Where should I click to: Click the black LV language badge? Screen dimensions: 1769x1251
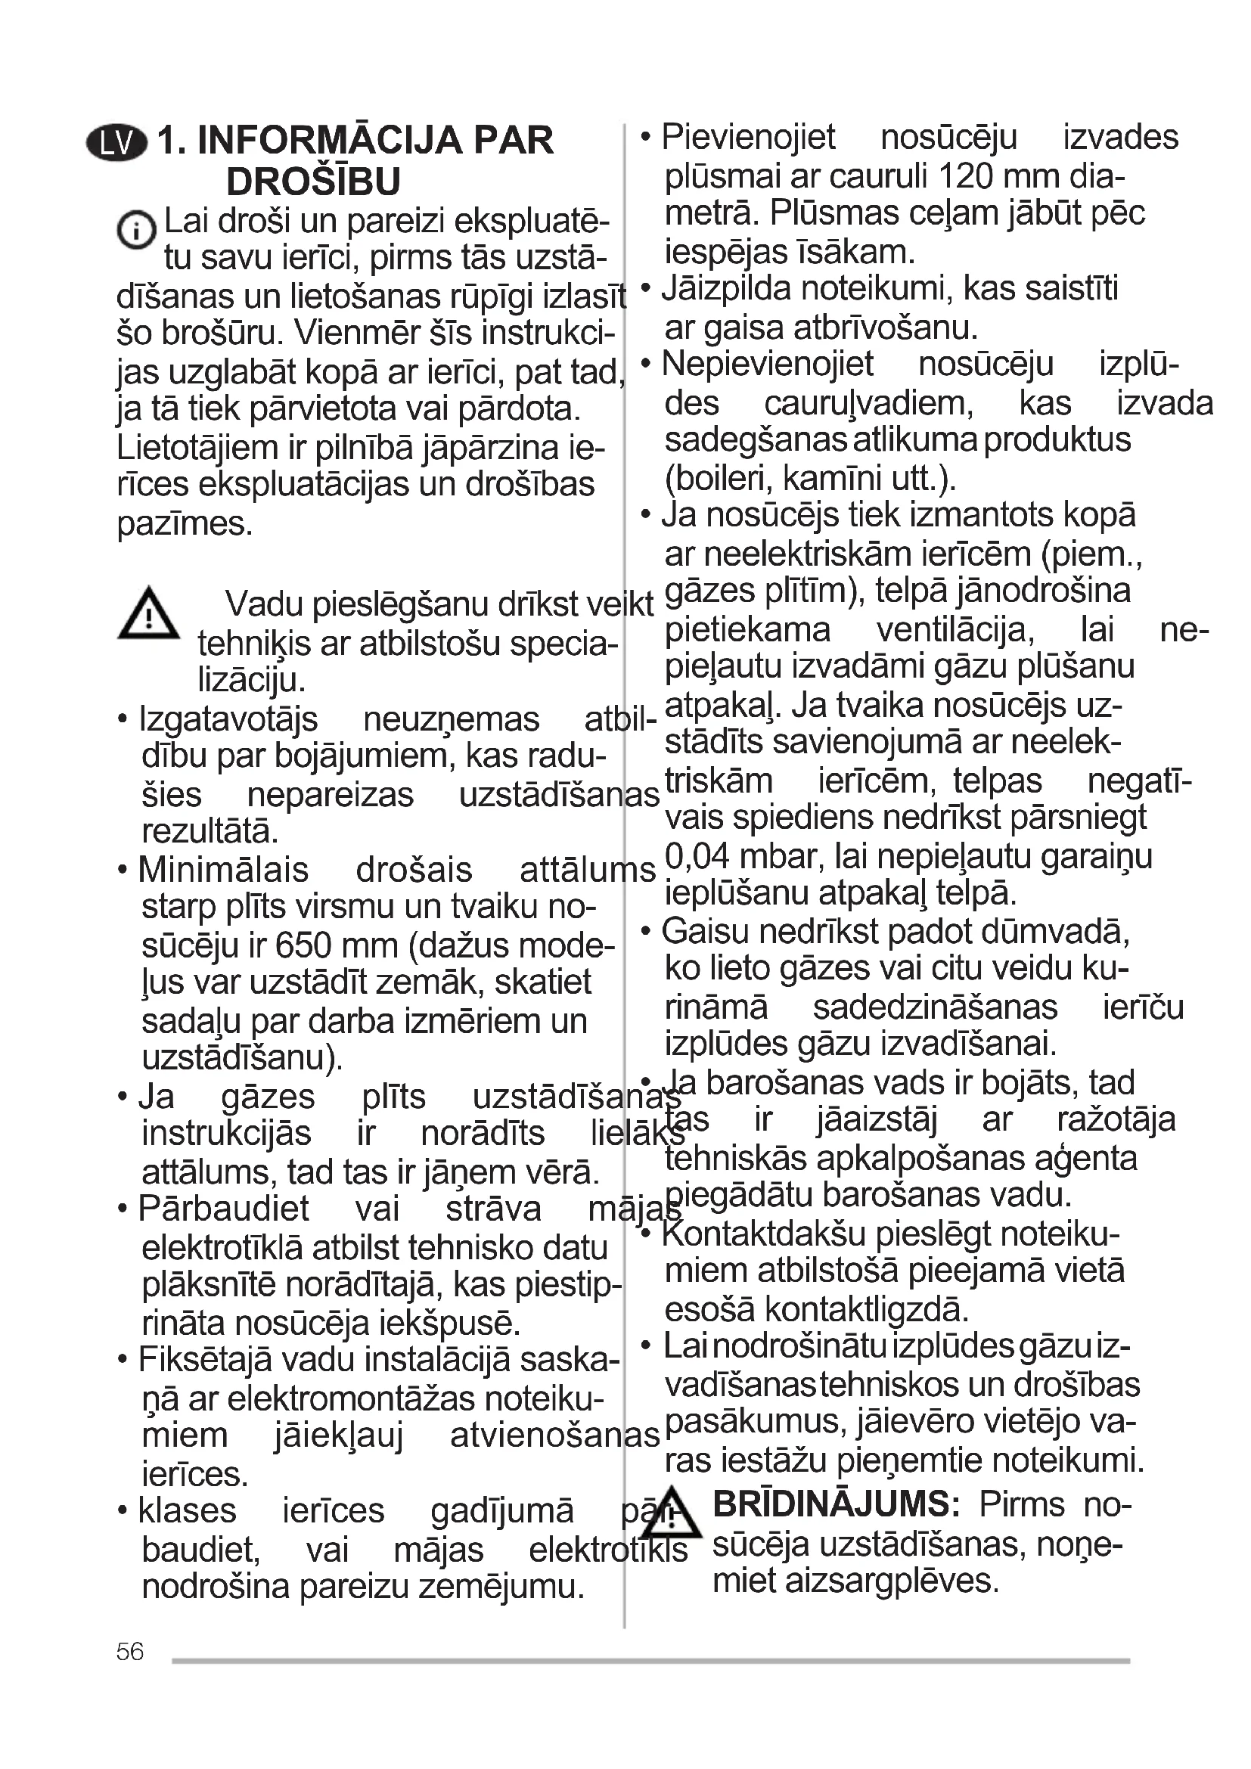tap(116, 143)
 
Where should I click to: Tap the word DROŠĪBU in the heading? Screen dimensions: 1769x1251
tap(314, 182)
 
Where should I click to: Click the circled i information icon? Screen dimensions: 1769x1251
tap(136, 230)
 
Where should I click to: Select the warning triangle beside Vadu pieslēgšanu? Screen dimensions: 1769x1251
tap(149, 614)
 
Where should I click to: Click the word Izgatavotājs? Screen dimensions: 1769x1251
tap(228, 719)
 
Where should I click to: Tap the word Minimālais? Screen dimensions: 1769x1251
tap(223, 870)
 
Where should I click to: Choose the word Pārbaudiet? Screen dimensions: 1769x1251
tap(223, 1208)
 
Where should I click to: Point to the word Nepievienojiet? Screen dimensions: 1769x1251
tap(767, 365)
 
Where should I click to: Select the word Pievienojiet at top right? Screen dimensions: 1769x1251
tap(748, 138)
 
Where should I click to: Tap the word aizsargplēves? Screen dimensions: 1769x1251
tap(891, 1581)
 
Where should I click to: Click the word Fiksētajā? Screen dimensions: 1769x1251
tap(205, 1360)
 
